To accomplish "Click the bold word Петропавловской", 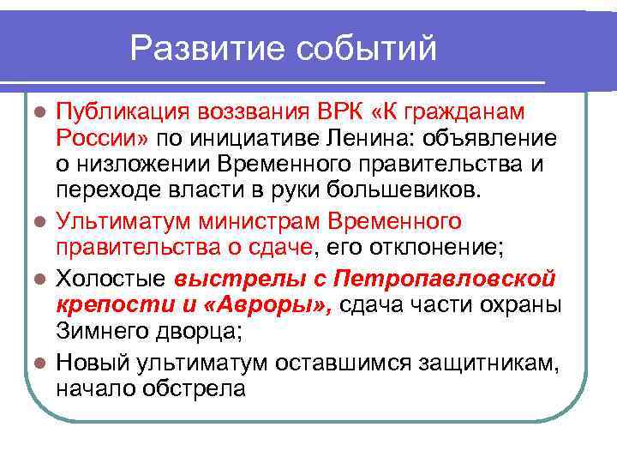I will pos(445,279).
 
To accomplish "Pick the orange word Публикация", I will pos(123,112).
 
